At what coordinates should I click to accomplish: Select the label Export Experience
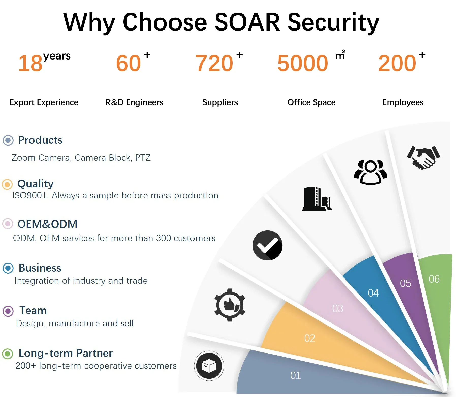[44, 102]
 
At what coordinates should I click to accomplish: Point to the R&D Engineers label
[134, 102]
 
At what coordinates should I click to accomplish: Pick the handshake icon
[423, 157]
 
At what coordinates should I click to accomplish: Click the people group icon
[371, 172]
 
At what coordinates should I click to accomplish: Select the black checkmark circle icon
[268, 245]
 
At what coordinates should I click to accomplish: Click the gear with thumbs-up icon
[230, 305]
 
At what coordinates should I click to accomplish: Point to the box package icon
[209, 366]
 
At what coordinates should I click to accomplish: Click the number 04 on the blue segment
[373, 293]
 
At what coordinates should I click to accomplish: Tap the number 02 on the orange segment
[309, 338]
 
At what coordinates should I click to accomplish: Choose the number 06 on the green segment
[434, 279]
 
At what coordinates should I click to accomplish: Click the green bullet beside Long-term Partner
[8, 354]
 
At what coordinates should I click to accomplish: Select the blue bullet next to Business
[8, 268]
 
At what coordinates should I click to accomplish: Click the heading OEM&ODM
[47, 224]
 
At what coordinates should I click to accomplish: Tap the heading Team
[33, 311]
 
